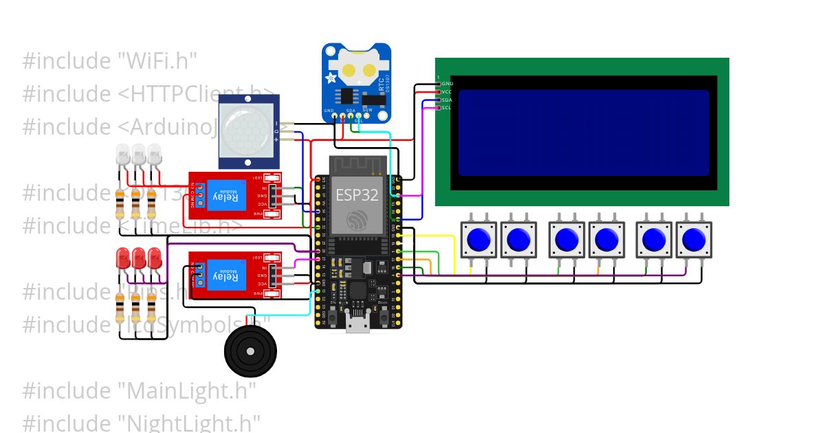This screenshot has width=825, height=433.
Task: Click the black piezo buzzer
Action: (250, 351)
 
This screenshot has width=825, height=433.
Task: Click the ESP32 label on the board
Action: (357, 195)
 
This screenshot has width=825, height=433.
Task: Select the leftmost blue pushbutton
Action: (478, 239)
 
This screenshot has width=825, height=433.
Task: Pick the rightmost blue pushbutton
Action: (694, 239)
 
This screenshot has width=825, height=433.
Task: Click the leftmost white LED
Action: (123, 154)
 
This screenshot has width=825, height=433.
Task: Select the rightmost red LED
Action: (154, 258)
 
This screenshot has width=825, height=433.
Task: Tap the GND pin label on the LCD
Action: (448, 83)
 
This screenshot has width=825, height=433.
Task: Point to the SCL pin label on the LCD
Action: (447, 108)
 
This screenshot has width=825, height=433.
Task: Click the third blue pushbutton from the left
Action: (566, 239)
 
